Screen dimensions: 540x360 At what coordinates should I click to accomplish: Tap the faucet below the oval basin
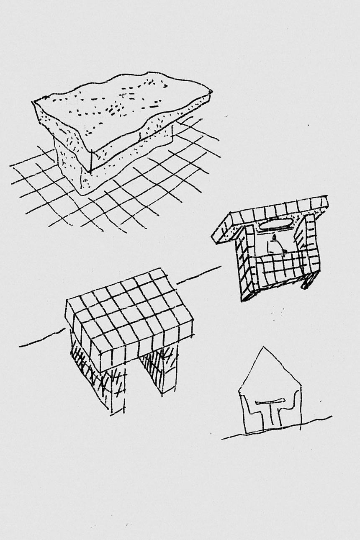click(274, 239)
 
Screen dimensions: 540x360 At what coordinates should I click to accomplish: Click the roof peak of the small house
click(262, 347)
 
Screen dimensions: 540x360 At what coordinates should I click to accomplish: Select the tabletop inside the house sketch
click(270, 403)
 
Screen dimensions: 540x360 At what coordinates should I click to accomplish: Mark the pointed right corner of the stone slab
click(211, 91)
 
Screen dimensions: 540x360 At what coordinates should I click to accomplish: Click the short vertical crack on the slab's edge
click(91, 161)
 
